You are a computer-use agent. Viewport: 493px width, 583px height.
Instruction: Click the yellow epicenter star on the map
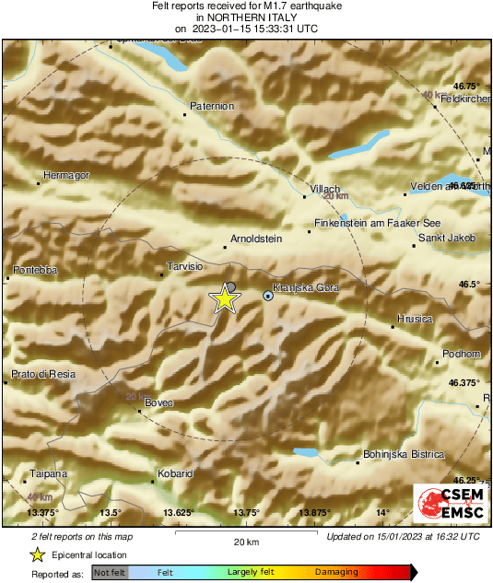(x=224, y=298)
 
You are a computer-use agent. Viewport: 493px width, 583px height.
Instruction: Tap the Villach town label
(x=324, y=188)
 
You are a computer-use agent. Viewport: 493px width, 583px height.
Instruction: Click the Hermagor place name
(x=65, y=174)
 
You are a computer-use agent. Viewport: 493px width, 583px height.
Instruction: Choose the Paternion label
(x=212, y=107)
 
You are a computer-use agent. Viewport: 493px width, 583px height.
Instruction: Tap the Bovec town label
(x=159, y=403)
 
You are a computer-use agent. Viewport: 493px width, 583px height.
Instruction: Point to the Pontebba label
(x=36, y=270)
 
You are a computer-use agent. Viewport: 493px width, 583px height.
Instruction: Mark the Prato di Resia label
(x=42, y=374)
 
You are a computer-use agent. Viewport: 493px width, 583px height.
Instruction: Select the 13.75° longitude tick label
(x=247, y=512)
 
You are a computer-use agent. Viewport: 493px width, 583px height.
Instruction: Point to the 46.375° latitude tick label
(x=464, y=382)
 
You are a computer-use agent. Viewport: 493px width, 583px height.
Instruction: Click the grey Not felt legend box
(x=110, y=572)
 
